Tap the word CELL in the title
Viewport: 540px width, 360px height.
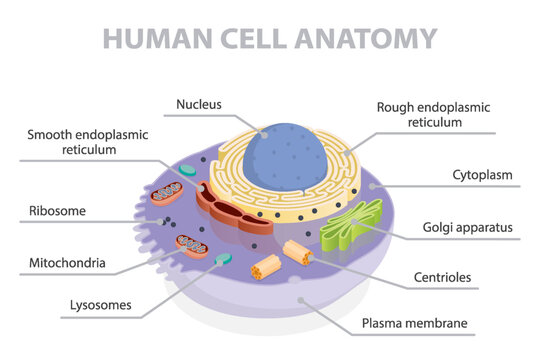point(263,38)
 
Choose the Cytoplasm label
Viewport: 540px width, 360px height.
point(481,176)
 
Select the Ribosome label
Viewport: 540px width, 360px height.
point(56,211)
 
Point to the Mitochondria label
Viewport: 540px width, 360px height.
point(67,264)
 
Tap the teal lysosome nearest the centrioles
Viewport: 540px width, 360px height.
point(223,259)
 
